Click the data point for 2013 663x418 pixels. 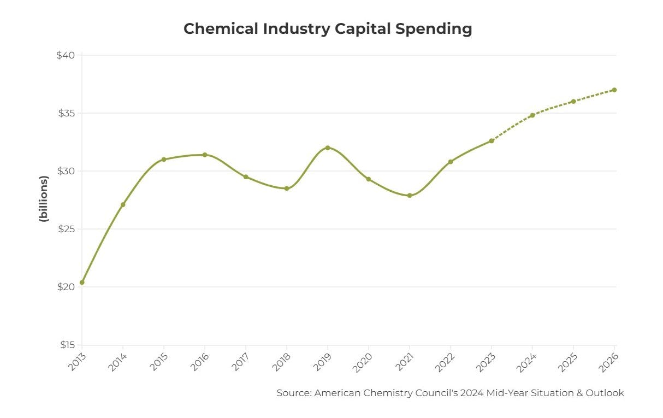82,282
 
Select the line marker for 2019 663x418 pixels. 328,148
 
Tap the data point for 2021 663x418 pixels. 410,195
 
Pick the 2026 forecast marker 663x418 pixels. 614,90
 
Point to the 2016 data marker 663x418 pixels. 205,155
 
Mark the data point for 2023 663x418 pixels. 492,140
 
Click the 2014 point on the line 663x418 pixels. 123,204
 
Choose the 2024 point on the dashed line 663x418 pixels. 532,115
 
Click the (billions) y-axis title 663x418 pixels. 44,198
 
